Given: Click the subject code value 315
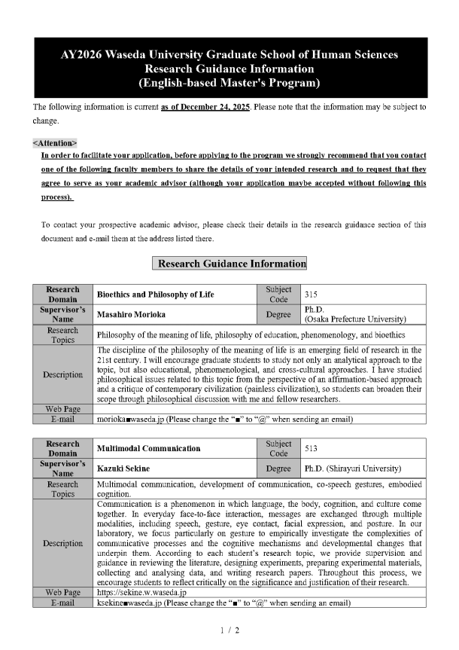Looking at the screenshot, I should (311, 294).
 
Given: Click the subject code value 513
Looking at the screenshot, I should (311, 448).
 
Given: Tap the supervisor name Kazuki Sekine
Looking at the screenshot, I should (122, 468).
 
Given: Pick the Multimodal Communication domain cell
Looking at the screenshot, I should (149, 448).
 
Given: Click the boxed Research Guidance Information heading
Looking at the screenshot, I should (229, 264).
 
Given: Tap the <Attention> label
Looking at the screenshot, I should (54, 142).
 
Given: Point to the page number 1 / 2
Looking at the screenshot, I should (229, 630).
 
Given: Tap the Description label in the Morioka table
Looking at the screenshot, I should (63, 374).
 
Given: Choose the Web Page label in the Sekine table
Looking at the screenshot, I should (63, 593).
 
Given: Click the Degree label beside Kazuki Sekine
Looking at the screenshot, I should (278, 468).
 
